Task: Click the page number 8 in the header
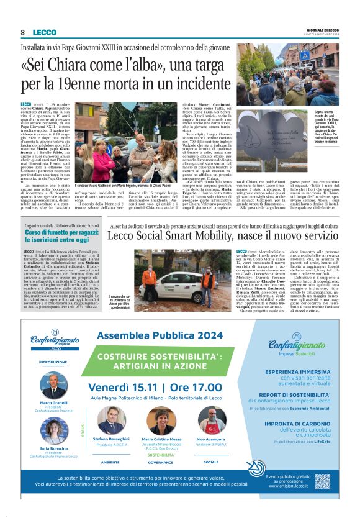(x=22, y=32)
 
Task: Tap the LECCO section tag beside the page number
(x=45, y=32)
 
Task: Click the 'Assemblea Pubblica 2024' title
(x=161, y=335)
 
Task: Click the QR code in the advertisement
(x=322, y=480)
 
